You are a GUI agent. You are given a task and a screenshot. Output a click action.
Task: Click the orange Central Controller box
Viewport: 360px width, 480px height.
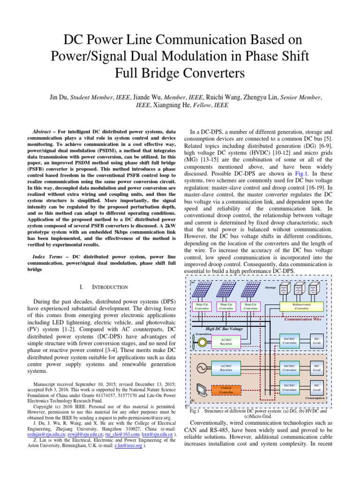click(x=226, y=390)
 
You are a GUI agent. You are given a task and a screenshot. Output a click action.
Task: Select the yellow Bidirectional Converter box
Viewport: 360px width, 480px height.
click(x=301, y=307)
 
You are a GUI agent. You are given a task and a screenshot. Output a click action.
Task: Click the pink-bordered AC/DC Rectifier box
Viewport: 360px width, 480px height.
click(x=226, y=342)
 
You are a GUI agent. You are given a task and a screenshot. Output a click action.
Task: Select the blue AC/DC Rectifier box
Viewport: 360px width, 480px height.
click(x=226, y=367)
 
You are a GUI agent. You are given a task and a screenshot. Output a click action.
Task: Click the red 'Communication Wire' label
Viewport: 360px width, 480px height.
click(x=305, y=319)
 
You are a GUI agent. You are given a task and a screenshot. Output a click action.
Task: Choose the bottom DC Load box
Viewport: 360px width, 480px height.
click(x=317, y=388)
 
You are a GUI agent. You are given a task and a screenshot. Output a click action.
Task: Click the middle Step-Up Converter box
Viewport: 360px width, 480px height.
click(x=226, y=307)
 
